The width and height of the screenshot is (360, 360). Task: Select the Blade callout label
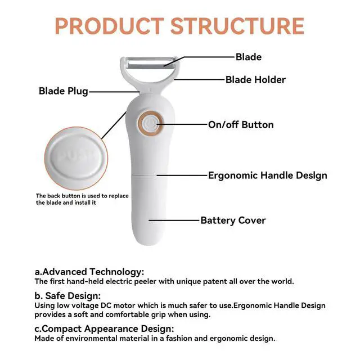pyautogui.click(x=248, y=57)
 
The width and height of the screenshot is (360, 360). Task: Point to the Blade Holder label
pyautogui.click(x=255, y=80)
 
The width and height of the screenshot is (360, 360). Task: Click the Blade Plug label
pyautogui.click(x=63, y=91)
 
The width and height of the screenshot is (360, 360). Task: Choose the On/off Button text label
pyautogui.click(x=241, y=125)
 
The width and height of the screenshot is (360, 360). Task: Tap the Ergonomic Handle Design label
pyautogui.click(x=268, y=175)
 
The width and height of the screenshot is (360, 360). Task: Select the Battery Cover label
pyautogui.click(x=233, y=220)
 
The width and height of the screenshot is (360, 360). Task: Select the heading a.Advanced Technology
pyautogui.click(x=89, y=271)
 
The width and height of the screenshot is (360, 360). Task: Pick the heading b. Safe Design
pyautogui.click(x=67, y=295)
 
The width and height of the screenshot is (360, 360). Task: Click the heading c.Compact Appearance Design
pyautogui.click(x=104, y=328)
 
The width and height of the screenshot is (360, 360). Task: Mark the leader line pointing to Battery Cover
pyautogui.click(x=174, y=220)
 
